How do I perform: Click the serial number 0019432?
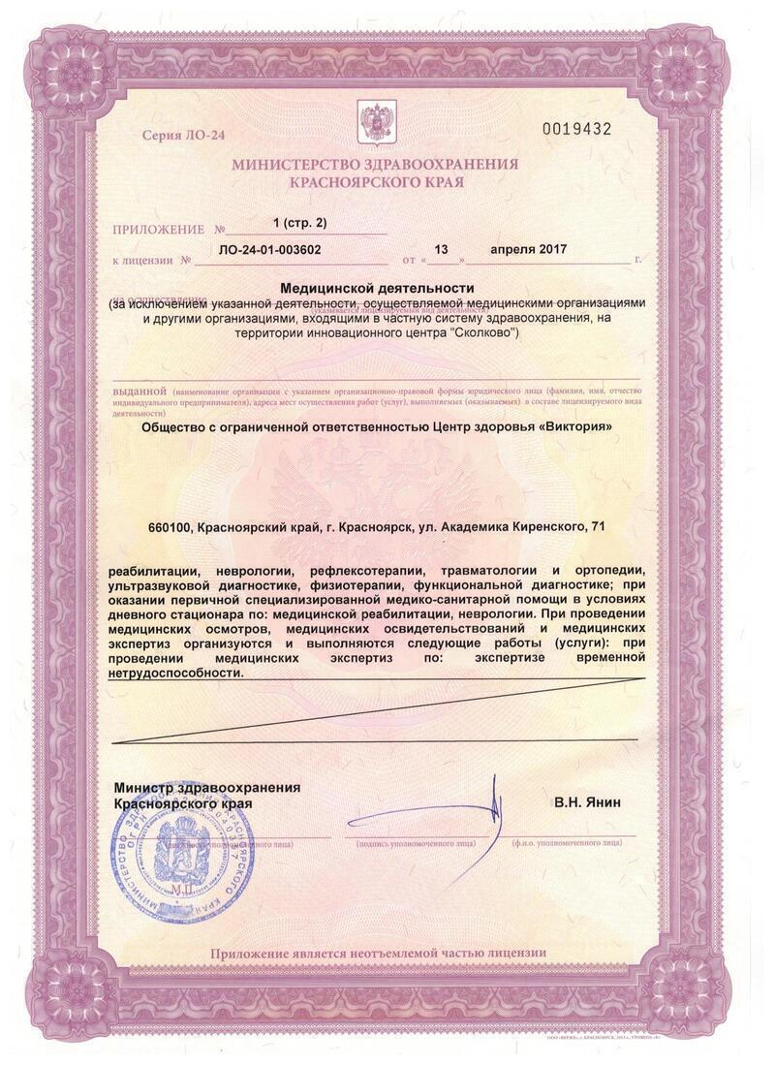coord(576,129)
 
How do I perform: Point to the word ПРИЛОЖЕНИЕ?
coord(159,230)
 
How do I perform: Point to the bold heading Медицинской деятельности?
coord(377,288)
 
